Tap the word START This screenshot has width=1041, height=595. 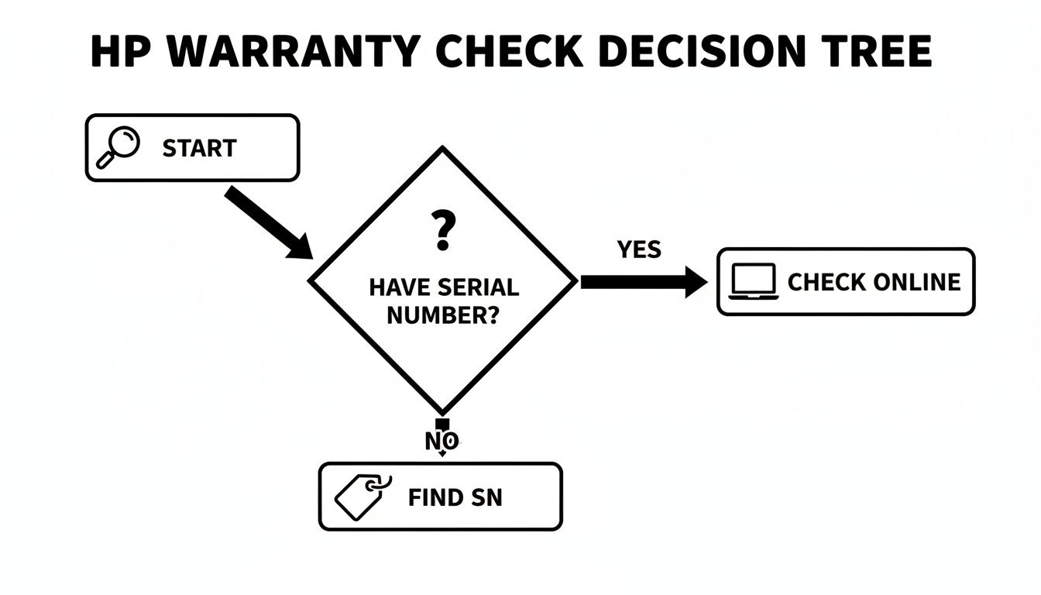click(x=199, y=148)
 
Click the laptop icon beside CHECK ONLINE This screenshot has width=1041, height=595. click(x=753, y=282)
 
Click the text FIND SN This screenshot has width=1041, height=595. click(x=455, y=497)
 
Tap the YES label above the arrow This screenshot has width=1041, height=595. click(x=639, y=249)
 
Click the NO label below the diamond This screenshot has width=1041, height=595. click(x=442, y=442)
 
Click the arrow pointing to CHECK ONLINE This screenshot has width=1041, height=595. click(x=643, y=283)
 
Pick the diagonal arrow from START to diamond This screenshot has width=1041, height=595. click(x=267, y=222)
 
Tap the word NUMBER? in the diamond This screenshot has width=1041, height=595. click(x=442, y=315)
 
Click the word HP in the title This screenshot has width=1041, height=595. click(x=116, y=52)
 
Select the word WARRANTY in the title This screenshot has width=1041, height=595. click(x=287, y=52)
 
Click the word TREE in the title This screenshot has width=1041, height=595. click(x=878, y=52)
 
